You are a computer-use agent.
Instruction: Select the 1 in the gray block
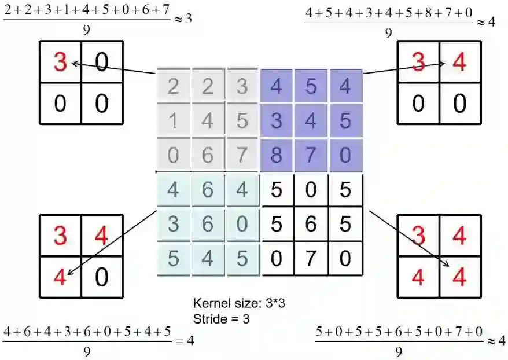[173, 122]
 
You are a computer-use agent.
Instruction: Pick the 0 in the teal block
[242, 224]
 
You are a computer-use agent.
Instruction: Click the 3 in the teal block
[173, 224]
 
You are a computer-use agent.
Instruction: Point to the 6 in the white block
[311, 224]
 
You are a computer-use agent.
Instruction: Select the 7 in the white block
[311, 258]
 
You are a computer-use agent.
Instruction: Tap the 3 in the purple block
[277, 122]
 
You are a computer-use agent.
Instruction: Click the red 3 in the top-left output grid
[60, 61]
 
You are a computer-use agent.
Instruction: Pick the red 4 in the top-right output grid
[459, 61]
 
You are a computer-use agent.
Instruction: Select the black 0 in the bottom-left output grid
[101, 277]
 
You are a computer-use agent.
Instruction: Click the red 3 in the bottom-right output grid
[418, 235]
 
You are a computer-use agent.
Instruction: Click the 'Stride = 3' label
[222, 318]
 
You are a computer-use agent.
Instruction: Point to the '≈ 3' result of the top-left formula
[183, 19]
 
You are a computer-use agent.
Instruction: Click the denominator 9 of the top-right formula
[388, 34]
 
